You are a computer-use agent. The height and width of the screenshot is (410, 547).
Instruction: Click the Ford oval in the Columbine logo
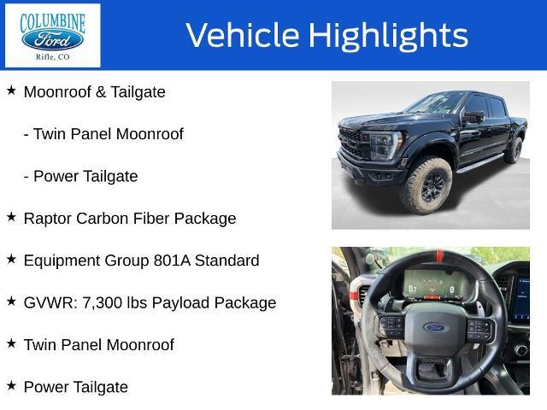(x=52, y=39)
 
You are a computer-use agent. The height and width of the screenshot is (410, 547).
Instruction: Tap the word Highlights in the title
(x=388, y=36)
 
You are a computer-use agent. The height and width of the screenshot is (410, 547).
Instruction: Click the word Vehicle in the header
(x=243, y=35)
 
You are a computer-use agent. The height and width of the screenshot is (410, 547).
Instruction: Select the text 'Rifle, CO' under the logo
(x=53, y=57)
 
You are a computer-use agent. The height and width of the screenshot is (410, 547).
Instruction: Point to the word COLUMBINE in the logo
(x=53, y=23)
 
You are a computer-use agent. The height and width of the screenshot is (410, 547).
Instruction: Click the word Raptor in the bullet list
(x=48, y=219)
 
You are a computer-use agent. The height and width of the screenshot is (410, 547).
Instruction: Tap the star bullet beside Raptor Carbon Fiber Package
(x=11, y=217)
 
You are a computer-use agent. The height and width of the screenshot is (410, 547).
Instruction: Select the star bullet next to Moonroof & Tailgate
(x=11, y=91)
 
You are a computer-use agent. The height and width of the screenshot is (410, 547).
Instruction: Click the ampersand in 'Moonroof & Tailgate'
(x=101, y=92)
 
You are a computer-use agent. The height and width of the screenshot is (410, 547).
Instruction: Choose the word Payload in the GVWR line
(x=180, y=303)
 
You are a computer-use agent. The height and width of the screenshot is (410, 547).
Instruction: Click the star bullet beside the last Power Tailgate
(x=11, y=385)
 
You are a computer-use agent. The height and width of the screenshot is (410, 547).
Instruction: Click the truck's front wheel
(x=426, y=184)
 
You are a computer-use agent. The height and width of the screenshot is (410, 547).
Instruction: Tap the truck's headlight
(x=386, y=144)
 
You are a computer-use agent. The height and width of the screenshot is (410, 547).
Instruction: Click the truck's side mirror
(x=473, y=117)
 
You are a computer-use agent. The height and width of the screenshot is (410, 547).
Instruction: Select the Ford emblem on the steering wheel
(x=435, y=327)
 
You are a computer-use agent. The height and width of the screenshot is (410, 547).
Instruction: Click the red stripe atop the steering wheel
(x=439, y=256)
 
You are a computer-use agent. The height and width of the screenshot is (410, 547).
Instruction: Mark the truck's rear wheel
(x=514, y=150)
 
